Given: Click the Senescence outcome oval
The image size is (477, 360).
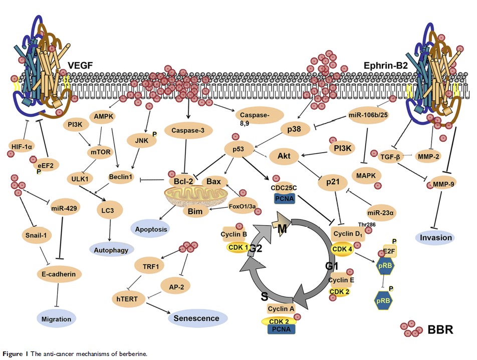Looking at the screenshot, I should click(x=196, y=318).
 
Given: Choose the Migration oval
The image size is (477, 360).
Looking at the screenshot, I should click(x=57, y=318).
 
